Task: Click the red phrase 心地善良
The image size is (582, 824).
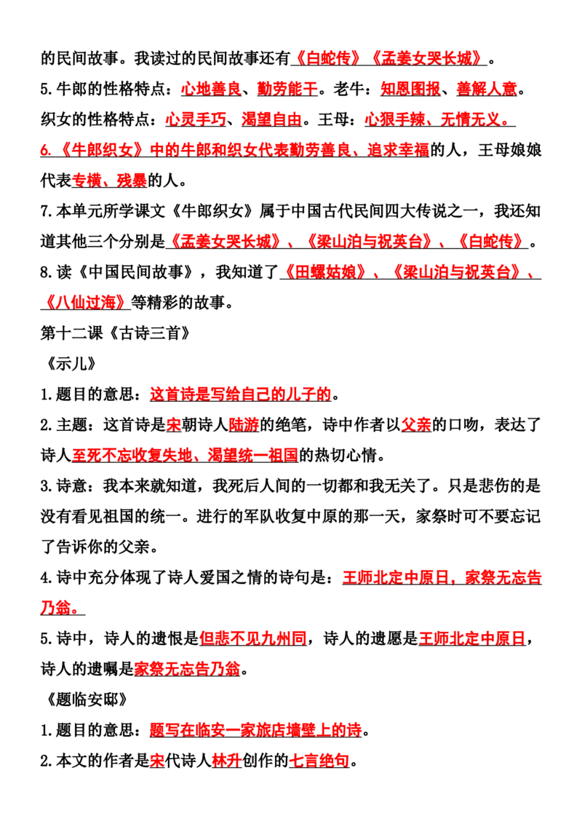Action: (x=211, y=89)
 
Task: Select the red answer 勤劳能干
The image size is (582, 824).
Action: (x=287, y=89)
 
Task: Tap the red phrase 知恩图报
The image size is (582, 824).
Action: (x=411, y=89)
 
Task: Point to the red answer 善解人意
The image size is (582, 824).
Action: (x=487, y=89)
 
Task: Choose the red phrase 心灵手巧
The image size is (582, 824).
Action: (x=196, y=119)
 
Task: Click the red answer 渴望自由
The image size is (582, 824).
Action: (x=272, y=119)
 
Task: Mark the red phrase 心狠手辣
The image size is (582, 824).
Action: (x=395, y=119)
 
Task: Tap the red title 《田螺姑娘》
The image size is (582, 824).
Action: (x=324, y=272)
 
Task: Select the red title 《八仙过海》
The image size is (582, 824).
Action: (x=85, y=302)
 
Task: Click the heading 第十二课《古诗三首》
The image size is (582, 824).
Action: (x=116, y=333)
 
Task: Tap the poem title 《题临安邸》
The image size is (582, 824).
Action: (x=86, y=700)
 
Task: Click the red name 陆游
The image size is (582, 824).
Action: (x=244, y=424)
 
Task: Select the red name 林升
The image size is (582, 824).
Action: (x=226, y=761)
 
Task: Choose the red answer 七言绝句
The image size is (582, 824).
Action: (x=319, y=761)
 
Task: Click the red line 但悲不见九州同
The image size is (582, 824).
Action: (x=253, y=638)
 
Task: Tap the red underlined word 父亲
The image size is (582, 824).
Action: (x=417, y=424)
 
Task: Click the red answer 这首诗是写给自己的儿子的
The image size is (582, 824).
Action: (x=241, y=394)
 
